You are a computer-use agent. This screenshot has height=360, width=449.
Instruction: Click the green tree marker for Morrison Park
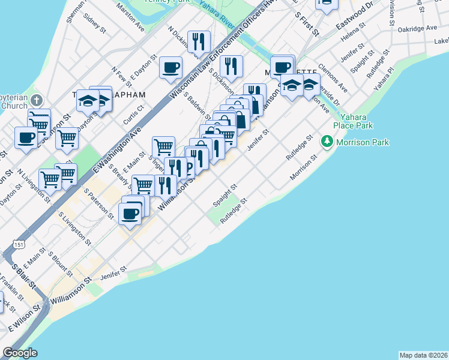[327, 142]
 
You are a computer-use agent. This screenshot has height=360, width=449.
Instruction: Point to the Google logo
[20, 353]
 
